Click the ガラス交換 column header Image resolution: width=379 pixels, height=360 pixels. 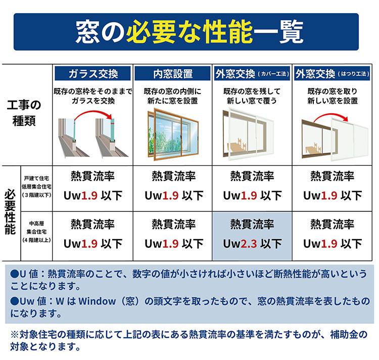pos(92,73)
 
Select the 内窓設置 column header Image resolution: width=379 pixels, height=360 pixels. pos(173,73)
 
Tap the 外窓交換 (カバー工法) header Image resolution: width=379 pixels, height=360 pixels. pos(252,73)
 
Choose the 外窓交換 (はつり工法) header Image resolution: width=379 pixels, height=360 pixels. pos(332,73)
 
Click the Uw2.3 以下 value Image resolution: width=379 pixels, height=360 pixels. pos(252,244)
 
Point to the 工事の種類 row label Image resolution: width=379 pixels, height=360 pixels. pos(24,113)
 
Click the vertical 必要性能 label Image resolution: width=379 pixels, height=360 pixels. pos(11,212)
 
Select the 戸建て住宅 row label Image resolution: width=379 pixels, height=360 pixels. pos(36,187)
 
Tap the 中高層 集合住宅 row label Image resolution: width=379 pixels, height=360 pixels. pos(36,232)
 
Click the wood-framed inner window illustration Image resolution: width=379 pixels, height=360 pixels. pos(173,134)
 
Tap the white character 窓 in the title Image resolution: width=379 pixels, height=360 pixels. pos(87,32)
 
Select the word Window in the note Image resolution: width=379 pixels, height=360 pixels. pos(97,301)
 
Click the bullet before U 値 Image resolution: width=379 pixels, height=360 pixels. pos(15,274)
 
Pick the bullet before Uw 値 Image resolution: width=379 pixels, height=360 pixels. pos(15,301)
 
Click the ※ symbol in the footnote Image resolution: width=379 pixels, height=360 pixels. pos(15,335)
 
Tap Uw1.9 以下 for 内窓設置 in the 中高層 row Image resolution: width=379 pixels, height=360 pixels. pos(174,244)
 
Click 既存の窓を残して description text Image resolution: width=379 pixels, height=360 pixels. pos(252,91)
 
